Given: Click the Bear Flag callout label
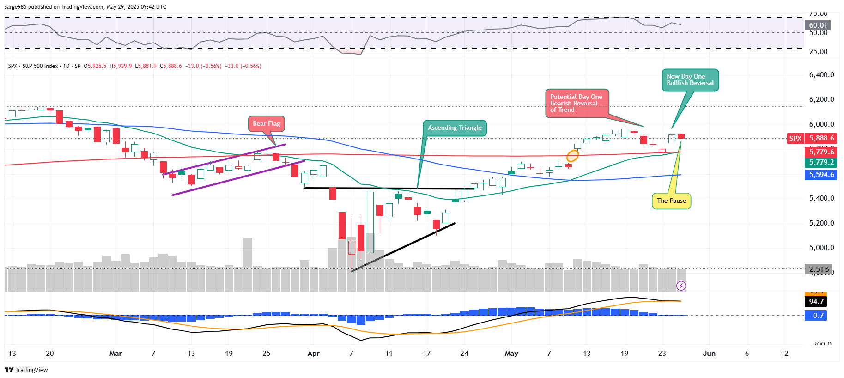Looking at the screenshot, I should (267, 124).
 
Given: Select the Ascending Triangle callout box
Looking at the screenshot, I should (455, 128).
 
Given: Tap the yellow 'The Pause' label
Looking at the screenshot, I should (671, 201).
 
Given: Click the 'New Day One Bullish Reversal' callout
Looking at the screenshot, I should (690, 80).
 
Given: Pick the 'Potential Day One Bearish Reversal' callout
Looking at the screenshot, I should (577, 103).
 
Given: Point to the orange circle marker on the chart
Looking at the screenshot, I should (573, 156).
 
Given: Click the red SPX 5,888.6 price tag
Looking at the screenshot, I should (812, 138).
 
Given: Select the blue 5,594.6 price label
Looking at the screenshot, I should (821, 175).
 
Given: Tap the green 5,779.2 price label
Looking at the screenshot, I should (821, 162).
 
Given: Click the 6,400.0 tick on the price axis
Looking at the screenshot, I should (821, 75).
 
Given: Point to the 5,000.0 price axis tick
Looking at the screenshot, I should (821, 248).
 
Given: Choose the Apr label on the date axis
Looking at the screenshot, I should (314, 354).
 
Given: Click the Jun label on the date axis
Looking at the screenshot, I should (709, 354).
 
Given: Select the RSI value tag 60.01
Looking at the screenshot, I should (818, 25).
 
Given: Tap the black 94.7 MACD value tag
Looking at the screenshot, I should (816, 302).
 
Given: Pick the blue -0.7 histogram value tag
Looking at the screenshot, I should (816, 316).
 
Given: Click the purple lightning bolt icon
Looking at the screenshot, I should (681, 286).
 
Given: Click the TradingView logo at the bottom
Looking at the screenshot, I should (26, 370).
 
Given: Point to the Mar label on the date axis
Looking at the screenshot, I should (115, 354).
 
